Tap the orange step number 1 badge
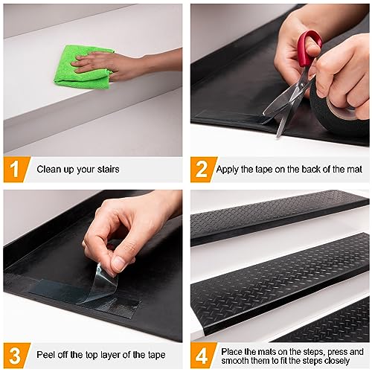[x=16, y=170]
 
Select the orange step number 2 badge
[x=202, y=170]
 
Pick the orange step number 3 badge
[x=16, y=355]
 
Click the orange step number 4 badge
[x=202, y=355]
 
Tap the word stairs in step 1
[x=108, y=170]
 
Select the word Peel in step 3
[x=45, y=355]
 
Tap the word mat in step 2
[x=355, y=170]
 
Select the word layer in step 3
[x=110, y=356]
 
